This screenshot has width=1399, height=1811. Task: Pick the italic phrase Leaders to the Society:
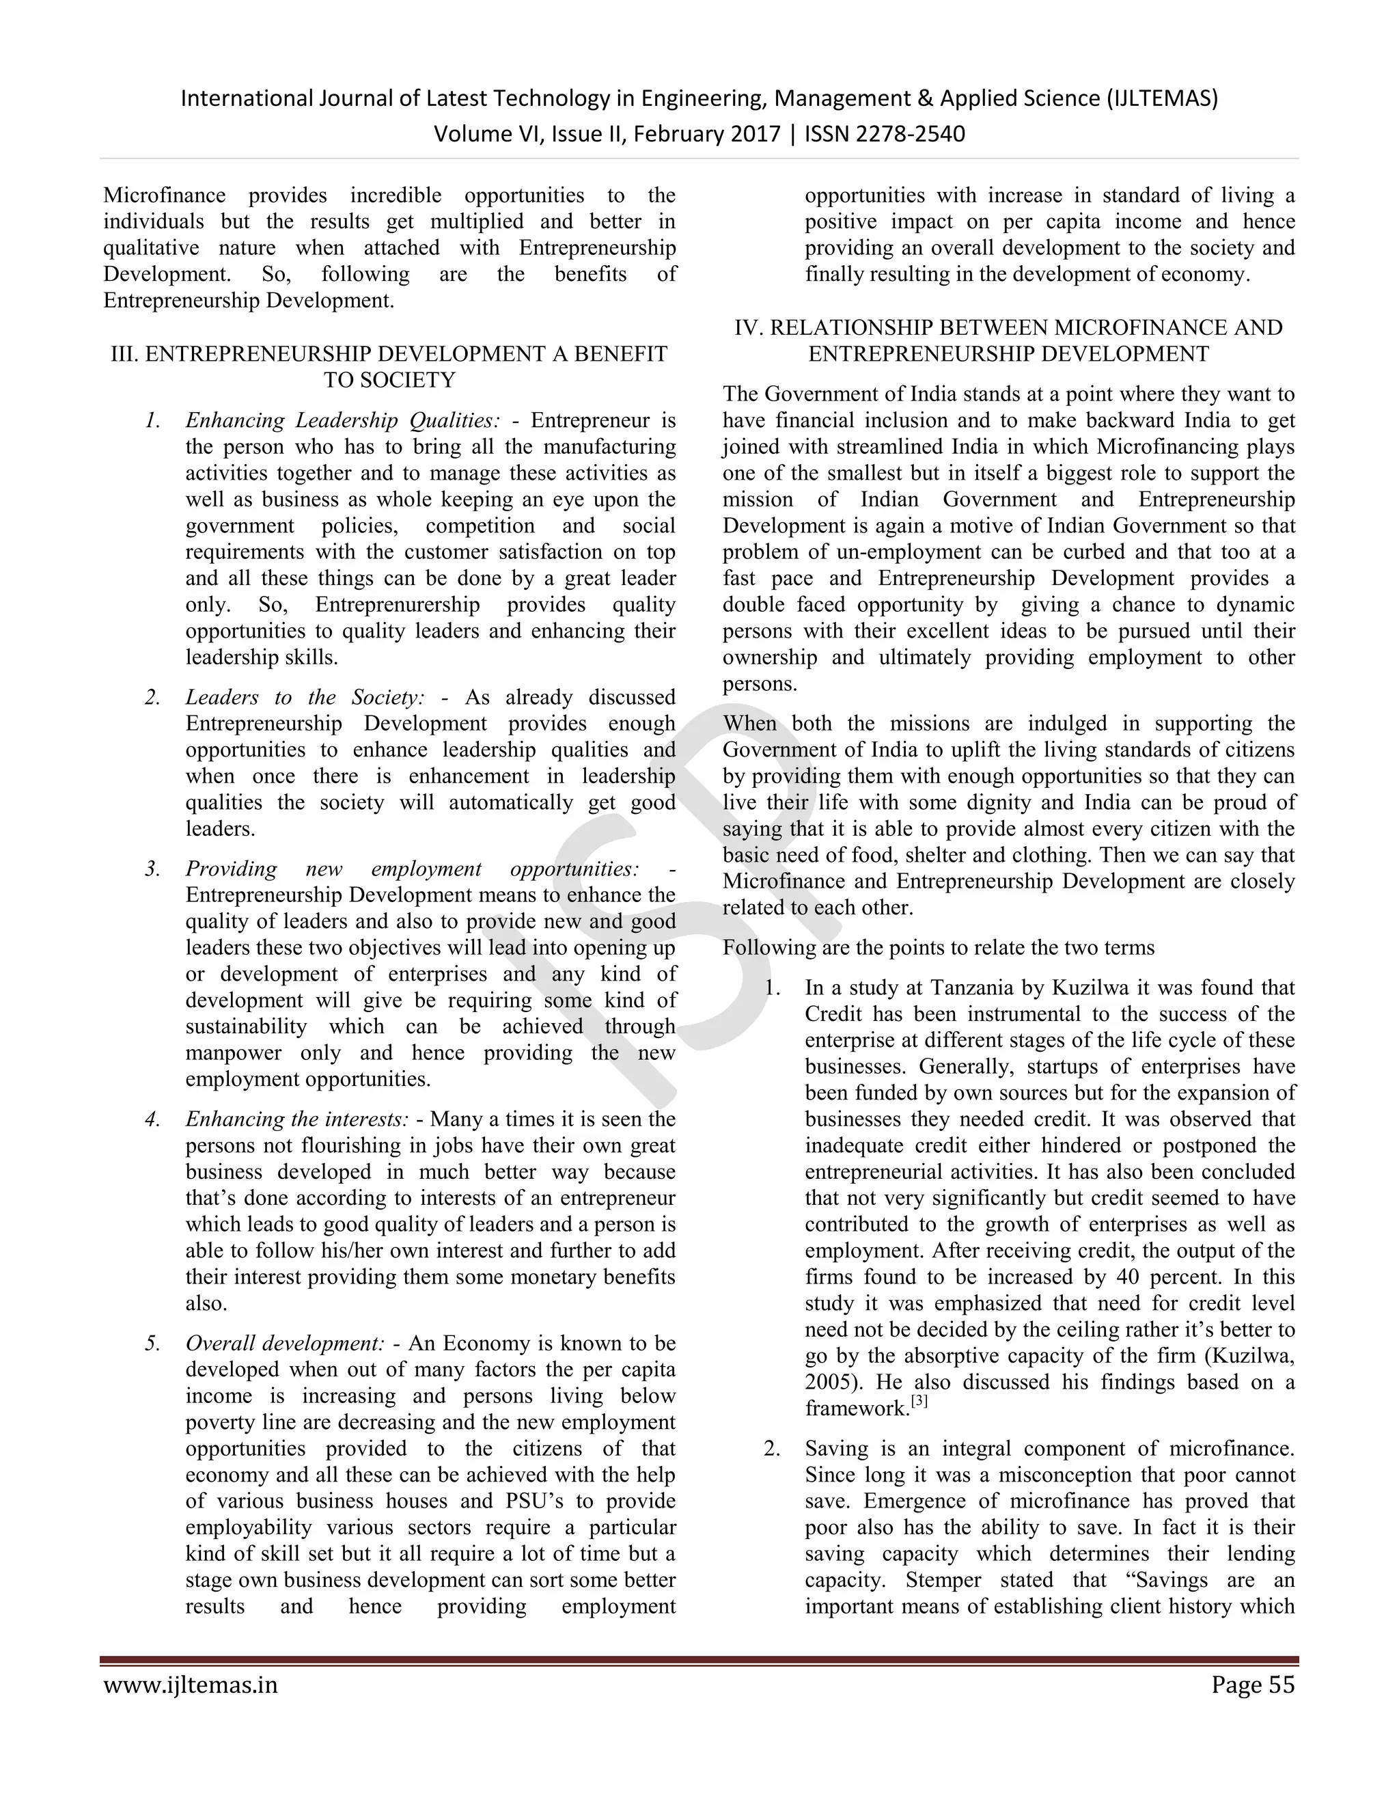305,697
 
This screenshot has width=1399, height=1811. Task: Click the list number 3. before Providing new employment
152,869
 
